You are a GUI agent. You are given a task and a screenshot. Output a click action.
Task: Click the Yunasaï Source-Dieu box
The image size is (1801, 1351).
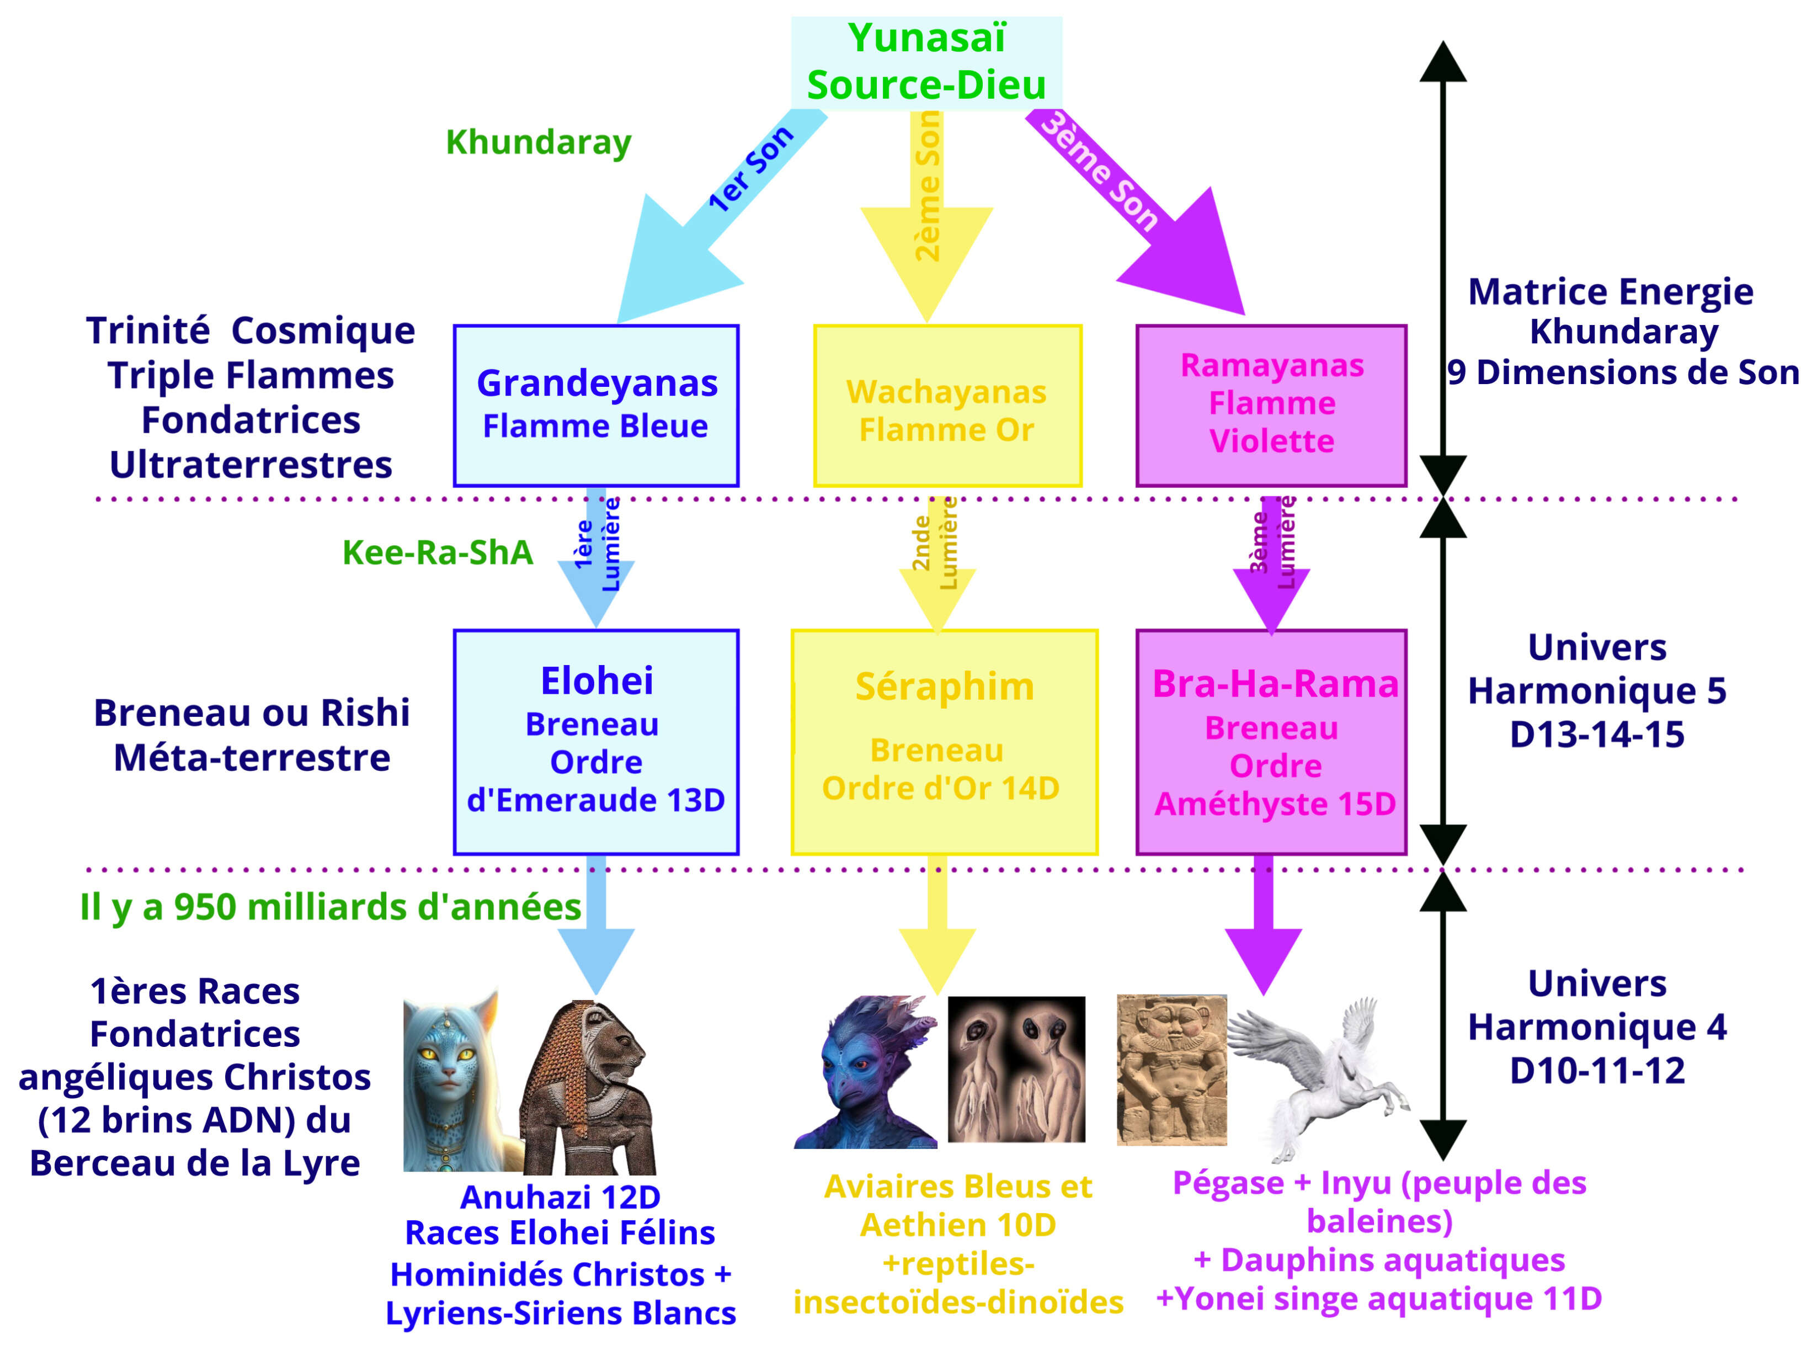926,62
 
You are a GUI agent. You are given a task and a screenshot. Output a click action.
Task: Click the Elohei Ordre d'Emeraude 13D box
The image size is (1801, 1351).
596,742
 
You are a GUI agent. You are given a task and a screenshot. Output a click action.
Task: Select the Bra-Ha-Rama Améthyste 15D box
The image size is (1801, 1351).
1271,742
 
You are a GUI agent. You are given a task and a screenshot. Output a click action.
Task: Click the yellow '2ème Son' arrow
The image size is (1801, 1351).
926,220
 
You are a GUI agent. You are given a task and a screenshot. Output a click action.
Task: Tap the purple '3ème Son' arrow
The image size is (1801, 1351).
1140,212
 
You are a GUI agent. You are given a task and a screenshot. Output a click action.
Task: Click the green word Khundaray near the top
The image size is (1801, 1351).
538,142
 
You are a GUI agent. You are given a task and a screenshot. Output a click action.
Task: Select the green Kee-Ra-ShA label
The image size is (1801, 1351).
437,553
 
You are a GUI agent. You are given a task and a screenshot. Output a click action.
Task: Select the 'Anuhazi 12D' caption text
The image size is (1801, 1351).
560,1197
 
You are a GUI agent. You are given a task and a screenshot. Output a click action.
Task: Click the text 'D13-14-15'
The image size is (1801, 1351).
1597,735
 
